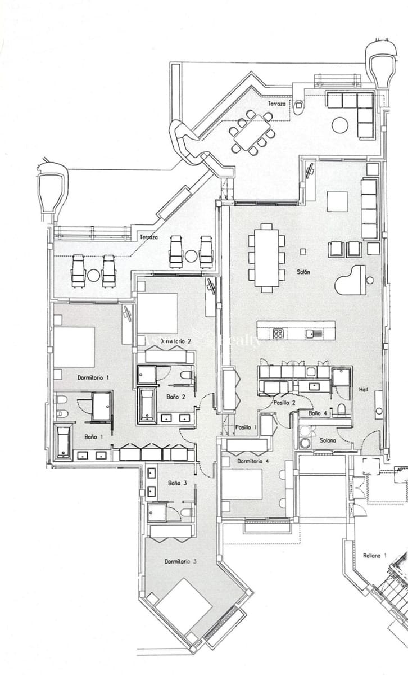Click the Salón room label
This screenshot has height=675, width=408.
(x=304, y=272)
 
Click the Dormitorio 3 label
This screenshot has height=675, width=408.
(x=180, y=561)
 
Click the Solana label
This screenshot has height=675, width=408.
(x=327, y=440)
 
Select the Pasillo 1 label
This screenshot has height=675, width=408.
(x=246, y=427)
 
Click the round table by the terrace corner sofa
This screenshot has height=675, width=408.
(x=340, y=125)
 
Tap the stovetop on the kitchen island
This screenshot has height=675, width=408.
(x=278, y=334)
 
